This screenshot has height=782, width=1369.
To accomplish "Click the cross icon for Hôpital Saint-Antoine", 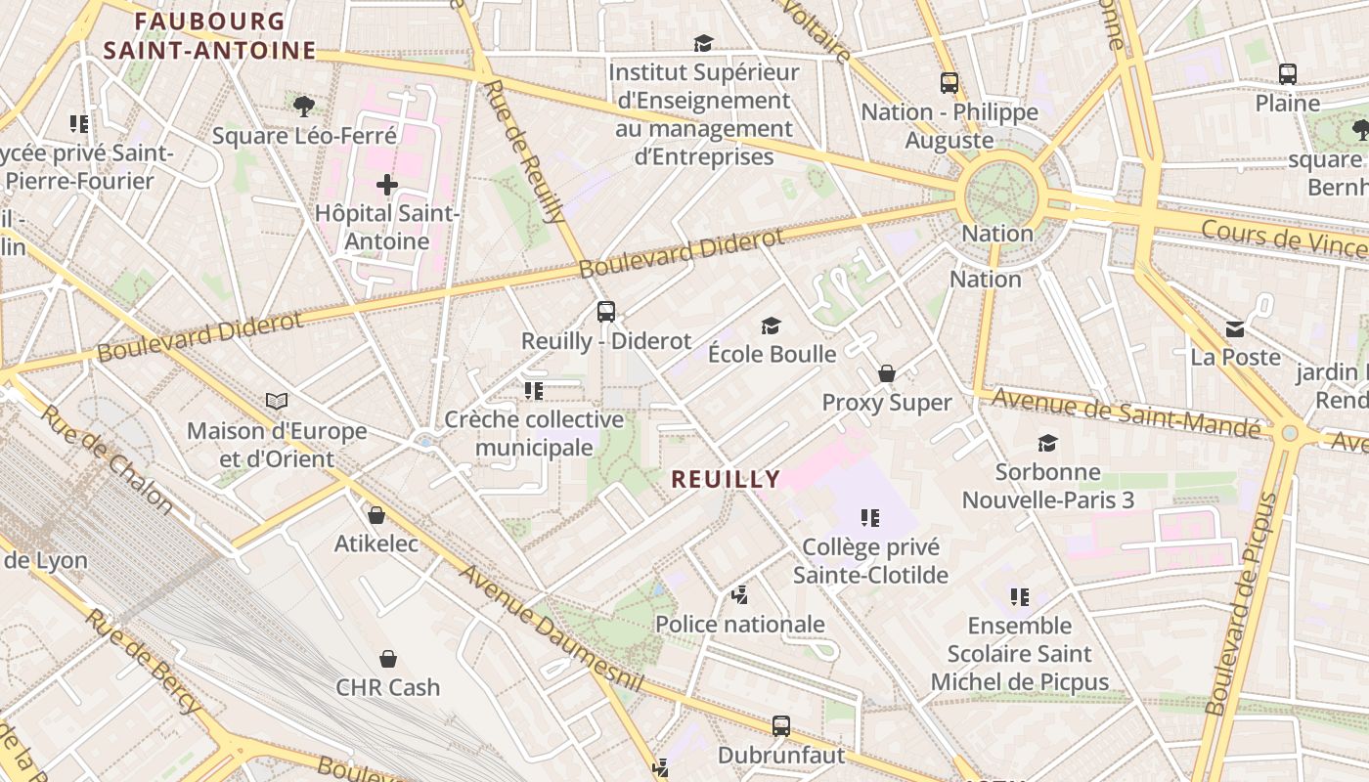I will click(387, 184).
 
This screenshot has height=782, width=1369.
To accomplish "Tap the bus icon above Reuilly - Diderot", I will click(606, 312).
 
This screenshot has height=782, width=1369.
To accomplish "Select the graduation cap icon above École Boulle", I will click(772, 326).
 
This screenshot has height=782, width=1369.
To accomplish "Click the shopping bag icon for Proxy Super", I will click(887, 373).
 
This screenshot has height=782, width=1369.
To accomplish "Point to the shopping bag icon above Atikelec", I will click(376, 515).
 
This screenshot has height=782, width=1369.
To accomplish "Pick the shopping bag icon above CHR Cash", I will click(388, 659).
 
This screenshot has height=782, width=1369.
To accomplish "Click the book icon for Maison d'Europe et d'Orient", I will click(277, 402).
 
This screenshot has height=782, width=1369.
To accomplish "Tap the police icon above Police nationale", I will click(740, 594).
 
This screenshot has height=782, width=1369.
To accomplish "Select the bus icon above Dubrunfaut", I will click(780, 726).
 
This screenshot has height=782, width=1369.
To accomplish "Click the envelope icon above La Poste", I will click(1236, 329).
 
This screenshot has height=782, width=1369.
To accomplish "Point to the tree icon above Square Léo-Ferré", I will click(304, 106).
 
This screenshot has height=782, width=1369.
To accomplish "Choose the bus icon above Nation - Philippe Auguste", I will click(949, 83).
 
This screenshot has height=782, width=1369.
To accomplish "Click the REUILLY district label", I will click(726, 479).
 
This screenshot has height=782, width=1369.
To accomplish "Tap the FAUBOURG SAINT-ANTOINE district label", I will click(210, 36).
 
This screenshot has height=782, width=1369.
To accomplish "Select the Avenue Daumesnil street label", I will click(552, 629).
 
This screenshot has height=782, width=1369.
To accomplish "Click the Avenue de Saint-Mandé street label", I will click(1126, 412).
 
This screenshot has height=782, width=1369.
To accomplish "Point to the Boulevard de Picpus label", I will click(1241, 605).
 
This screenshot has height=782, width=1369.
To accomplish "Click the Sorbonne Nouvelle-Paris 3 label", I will click(1048, 486).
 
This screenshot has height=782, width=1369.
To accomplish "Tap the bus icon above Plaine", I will click(1288, 74).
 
